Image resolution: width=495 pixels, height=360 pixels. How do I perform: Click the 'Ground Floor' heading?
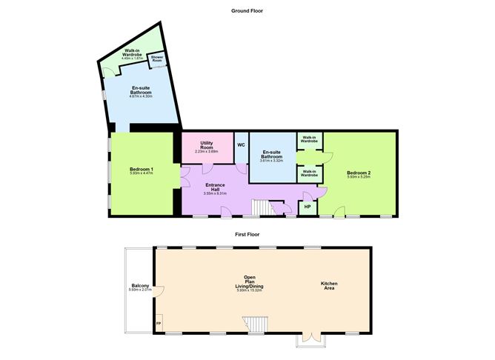247,11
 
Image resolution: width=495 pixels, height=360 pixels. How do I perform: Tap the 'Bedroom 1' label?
141,170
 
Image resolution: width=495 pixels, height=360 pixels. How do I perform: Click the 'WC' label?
241,144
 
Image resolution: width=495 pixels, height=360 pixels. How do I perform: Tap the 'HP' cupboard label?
308,206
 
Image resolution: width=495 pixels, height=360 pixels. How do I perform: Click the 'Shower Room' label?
156,58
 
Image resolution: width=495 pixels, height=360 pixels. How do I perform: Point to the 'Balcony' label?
140,287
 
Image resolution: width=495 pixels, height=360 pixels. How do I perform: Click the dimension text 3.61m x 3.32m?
271,160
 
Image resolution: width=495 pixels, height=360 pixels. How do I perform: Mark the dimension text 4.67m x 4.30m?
141,96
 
